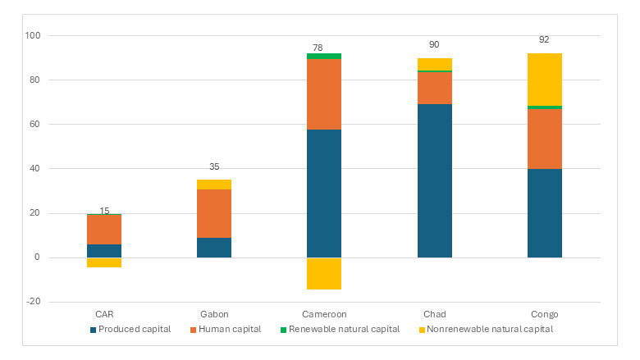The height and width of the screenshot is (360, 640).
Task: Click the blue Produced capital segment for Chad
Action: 434,180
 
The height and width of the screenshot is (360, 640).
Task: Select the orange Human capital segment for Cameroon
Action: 324,93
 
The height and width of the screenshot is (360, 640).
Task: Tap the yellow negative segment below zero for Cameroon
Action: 324,273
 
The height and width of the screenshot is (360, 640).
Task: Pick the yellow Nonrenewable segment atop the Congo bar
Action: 544,79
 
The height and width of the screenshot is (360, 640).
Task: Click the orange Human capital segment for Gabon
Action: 214,213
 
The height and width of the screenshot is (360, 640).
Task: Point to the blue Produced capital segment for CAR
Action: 104,250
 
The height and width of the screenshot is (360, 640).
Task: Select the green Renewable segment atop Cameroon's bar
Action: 324,56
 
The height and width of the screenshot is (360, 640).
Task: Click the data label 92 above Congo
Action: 544,39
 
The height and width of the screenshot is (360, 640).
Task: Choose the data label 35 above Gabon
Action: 214,166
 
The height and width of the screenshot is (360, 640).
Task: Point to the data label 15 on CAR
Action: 104,211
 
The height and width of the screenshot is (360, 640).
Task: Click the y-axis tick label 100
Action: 33,36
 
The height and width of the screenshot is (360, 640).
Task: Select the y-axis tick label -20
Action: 33,302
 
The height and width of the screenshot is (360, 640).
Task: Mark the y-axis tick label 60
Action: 35,125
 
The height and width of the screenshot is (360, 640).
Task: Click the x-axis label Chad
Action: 434,314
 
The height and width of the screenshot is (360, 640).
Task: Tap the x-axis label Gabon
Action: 214,314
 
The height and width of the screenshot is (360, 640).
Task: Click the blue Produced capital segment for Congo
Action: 544,213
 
